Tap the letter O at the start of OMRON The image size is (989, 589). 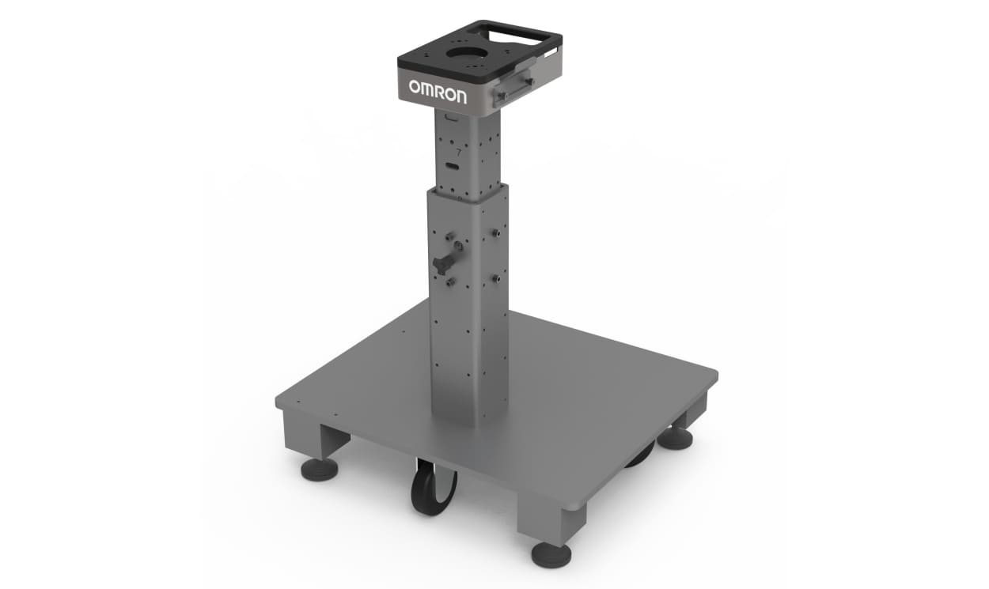point(415,86)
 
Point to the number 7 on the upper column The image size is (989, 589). point(459,149)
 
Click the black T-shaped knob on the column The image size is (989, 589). point(445,260)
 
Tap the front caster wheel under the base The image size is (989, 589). point(433,490)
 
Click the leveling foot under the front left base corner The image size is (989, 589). point(320,467)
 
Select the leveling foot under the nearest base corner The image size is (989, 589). point(551,553)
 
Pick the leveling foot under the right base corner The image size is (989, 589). point(675,436)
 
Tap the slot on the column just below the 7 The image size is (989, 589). point(451,166)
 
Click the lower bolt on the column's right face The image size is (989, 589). point(497,278)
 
